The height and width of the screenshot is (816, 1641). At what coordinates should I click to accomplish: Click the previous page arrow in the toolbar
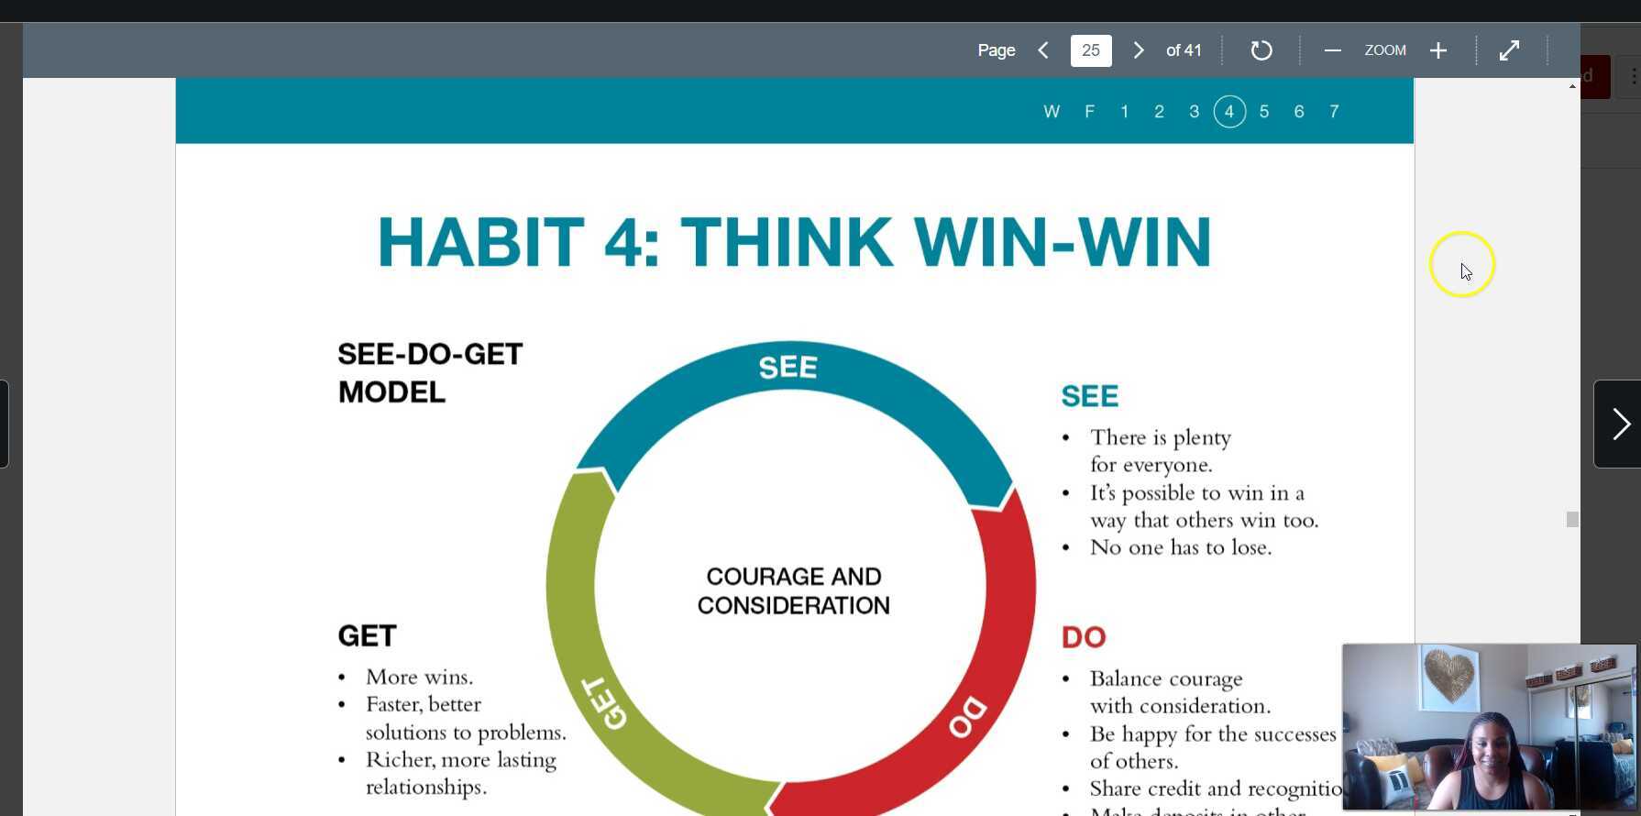coord(1043,50)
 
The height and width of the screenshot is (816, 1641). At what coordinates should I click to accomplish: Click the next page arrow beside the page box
coord(1139,50)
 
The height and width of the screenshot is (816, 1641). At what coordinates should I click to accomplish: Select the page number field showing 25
coord(1091,50)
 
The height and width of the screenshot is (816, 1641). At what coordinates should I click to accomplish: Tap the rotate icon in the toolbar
coord(1261,50)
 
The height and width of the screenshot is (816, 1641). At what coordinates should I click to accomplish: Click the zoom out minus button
coord(1332,50)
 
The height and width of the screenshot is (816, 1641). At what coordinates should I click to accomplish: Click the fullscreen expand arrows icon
coord(1509,50)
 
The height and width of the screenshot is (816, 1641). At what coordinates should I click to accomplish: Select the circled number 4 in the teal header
coord(1229,112)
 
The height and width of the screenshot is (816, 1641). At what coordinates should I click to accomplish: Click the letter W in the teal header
coord(1052,112)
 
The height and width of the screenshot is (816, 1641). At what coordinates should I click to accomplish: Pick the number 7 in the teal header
coord(1334,112)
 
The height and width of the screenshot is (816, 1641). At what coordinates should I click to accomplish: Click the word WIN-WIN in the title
coord(1063,242)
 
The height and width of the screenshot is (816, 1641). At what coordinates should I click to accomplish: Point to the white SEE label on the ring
coord(787,368)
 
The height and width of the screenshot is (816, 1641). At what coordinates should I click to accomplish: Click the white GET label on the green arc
coord(604,704)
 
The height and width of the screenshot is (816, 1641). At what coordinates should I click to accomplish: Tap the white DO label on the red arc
coord(967,717)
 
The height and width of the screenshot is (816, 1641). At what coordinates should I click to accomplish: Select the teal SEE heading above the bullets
coord(1089,396)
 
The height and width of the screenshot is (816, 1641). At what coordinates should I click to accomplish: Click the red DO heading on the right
coord(1084,637)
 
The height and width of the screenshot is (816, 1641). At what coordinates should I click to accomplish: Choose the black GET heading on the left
coord(367,636)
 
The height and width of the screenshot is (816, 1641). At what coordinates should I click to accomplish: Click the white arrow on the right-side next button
coord(1620,424)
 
